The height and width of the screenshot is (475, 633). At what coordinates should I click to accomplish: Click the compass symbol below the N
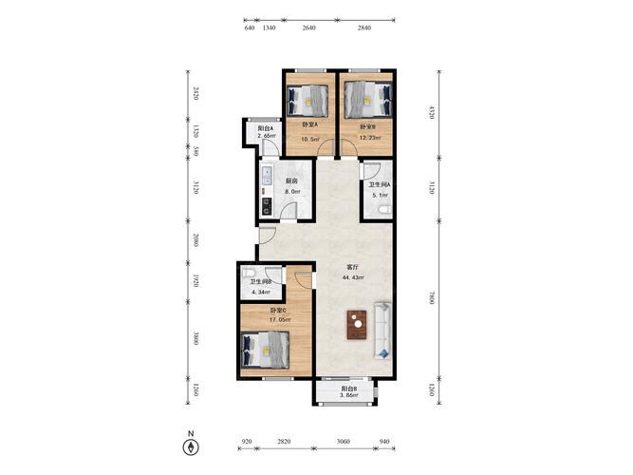[x=191, y=447]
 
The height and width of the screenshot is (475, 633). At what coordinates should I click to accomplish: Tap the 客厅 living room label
[x=352, y=267]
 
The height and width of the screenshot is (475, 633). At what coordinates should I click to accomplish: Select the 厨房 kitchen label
[x=291, y=181]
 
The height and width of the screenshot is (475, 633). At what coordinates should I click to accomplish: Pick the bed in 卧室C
[x=265, y=351]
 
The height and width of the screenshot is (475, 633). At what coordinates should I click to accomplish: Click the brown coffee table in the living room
[x=357, y=325]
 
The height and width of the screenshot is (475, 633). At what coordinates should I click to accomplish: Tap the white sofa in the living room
[x=382, y=331]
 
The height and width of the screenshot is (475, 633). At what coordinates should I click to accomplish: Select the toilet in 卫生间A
[x=384, y=209]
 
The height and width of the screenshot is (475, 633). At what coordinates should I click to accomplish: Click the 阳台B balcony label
[x=349, y=389]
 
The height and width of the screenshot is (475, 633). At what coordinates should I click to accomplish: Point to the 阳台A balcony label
[x=266, y=128]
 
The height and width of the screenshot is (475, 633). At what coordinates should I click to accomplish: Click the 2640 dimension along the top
[x=308, y=28]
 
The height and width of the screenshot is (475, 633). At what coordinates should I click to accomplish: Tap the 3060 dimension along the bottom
[x=344, y=441]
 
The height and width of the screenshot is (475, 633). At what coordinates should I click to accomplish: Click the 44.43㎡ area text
[x=353, y=277]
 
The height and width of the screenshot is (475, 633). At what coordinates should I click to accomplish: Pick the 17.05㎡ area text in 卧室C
[x=280, y=319]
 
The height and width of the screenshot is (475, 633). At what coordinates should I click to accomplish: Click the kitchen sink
[x=268, y=176]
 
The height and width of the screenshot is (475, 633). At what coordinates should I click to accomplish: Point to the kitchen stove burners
[x=267, y=206]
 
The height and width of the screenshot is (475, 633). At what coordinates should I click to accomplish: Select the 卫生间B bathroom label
[x=260, y=282]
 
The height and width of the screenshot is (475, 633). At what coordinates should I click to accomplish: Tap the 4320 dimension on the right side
[x=432, y=112]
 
